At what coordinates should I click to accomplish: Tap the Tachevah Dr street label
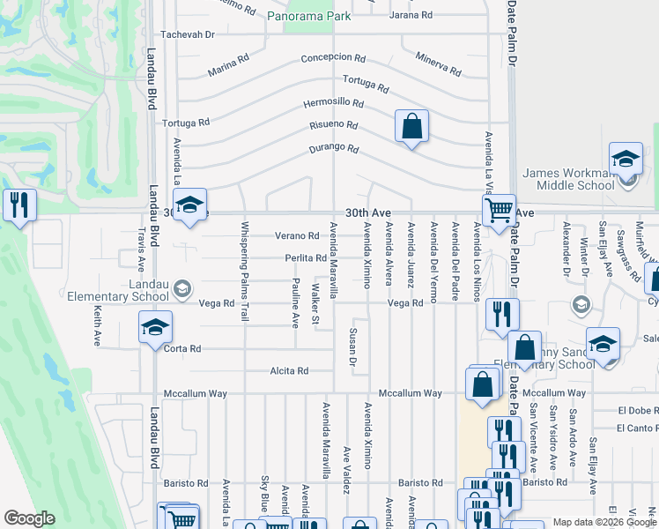[x=187, y=34]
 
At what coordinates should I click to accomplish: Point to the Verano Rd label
[x=296, y=236]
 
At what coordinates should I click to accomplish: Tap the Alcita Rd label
[x=290, y=371]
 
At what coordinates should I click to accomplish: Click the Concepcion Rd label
[x=333, y=57]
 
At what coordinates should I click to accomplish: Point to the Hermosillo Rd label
[x=333, y=103]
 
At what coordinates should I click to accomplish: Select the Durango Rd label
[x=334, y=149]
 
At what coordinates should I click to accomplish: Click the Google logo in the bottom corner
[x=29, y=518]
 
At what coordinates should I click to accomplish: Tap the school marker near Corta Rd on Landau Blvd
[x=155, y=330]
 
